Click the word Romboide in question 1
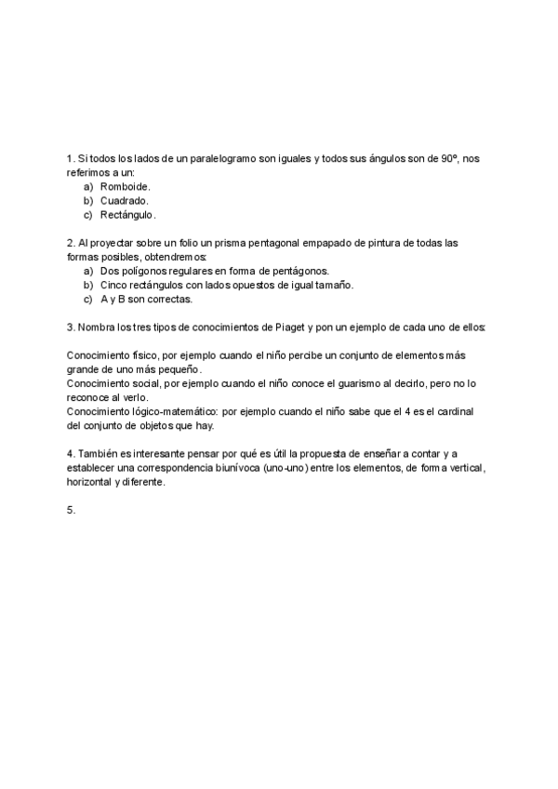(x=125, y=186)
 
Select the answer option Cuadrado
(x=124, y=200)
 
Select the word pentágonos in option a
(x=297, y=271)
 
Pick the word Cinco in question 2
(x=113, y=285)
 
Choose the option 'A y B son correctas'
(x=146, y=300)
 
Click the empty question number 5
(x=72, y=510)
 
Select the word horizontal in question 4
(x=89, y=482)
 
